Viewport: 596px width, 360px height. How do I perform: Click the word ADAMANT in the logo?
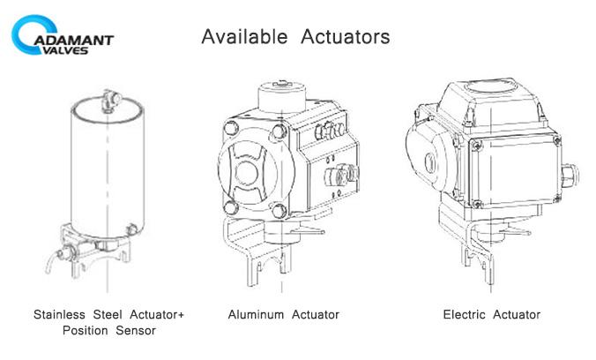[x=74, y=41]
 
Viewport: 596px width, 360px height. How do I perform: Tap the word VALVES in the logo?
[x=63, y=50]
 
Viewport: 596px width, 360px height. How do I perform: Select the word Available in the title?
[x=244, y=37]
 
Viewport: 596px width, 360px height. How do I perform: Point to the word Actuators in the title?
[x=345, y=37]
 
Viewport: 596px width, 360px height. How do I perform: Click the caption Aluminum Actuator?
[x=284, y=315]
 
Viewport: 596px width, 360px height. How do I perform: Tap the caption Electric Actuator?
[x=492, y=315]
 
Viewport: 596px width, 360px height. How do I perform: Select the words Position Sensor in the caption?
[x=109, y=330]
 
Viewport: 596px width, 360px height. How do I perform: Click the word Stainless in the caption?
[x=59, y=315]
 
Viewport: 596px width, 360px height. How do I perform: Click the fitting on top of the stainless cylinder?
[x=111, y=101]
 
